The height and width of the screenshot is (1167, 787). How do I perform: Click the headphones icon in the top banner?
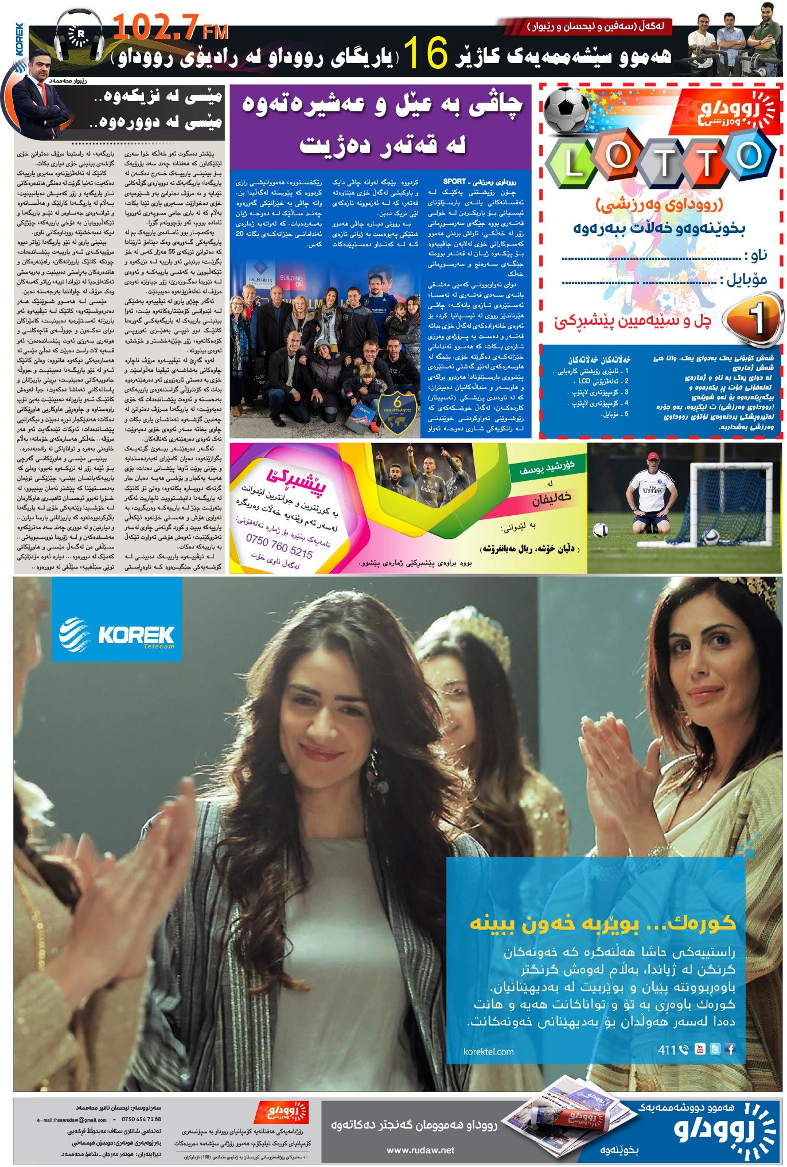point(79,36)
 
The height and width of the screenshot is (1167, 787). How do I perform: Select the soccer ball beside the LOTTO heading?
point(566,110)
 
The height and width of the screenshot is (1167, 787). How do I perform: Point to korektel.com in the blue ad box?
point(488,1051)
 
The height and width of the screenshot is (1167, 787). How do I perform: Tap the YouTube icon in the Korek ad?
point(700,1049)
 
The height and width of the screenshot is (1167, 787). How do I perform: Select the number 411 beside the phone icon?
point(667,1050)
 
